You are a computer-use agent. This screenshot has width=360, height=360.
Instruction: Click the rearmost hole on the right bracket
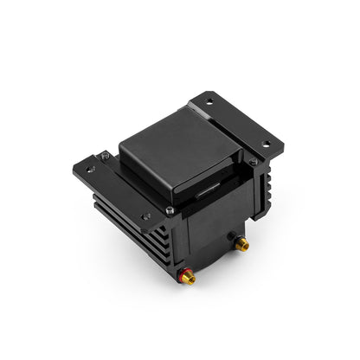click(x=209, y=101)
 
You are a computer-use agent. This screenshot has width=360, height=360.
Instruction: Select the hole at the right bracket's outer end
click(x=264, y=143)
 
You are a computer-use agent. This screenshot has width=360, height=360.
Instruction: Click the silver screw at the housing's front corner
click(x=170, y=210)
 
